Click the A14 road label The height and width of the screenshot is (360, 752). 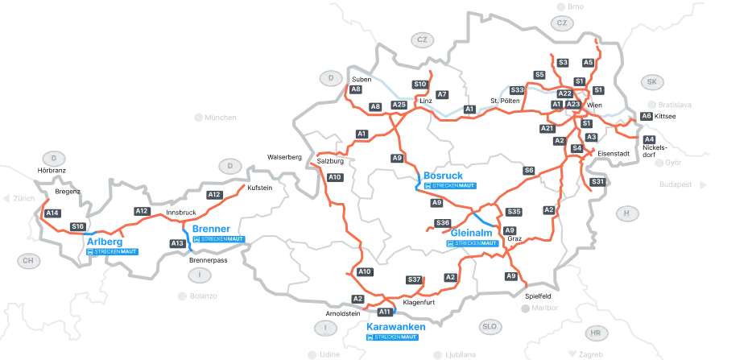(53, 213)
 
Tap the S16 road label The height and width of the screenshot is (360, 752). (78, 227)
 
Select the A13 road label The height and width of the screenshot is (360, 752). (178, 243)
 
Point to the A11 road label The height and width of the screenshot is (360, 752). (385, 311)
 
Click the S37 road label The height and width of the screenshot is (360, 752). (415, 279)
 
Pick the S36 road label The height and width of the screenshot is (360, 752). (442, 222)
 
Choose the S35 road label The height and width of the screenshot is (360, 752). (515, 211)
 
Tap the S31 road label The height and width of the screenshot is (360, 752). (598, 182)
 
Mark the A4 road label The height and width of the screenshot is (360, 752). (650, 139)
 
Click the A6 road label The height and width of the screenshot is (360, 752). (646, 116)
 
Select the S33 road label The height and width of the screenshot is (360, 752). (518, 89)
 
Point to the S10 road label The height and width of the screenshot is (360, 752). (419, 84)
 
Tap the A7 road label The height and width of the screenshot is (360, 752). (441, 94)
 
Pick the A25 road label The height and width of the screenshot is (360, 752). (399, 105)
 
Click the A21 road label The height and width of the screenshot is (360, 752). (547, 128)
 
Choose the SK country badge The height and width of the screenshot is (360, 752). (651, 82)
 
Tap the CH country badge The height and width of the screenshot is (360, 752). (29, 260)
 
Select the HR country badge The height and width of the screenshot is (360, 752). (595, 333)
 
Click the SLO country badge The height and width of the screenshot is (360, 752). (489, 327)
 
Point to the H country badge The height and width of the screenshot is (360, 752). (626, 213)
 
